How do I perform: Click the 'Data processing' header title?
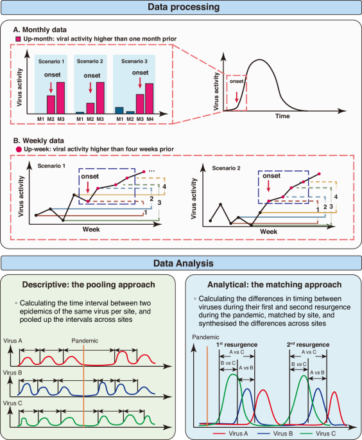(181, 8)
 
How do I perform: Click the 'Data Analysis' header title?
(181, 263)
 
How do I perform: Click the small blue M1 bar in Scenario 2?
(80, 112)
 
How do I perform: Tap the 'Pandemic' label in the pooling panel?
(84, 341)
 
